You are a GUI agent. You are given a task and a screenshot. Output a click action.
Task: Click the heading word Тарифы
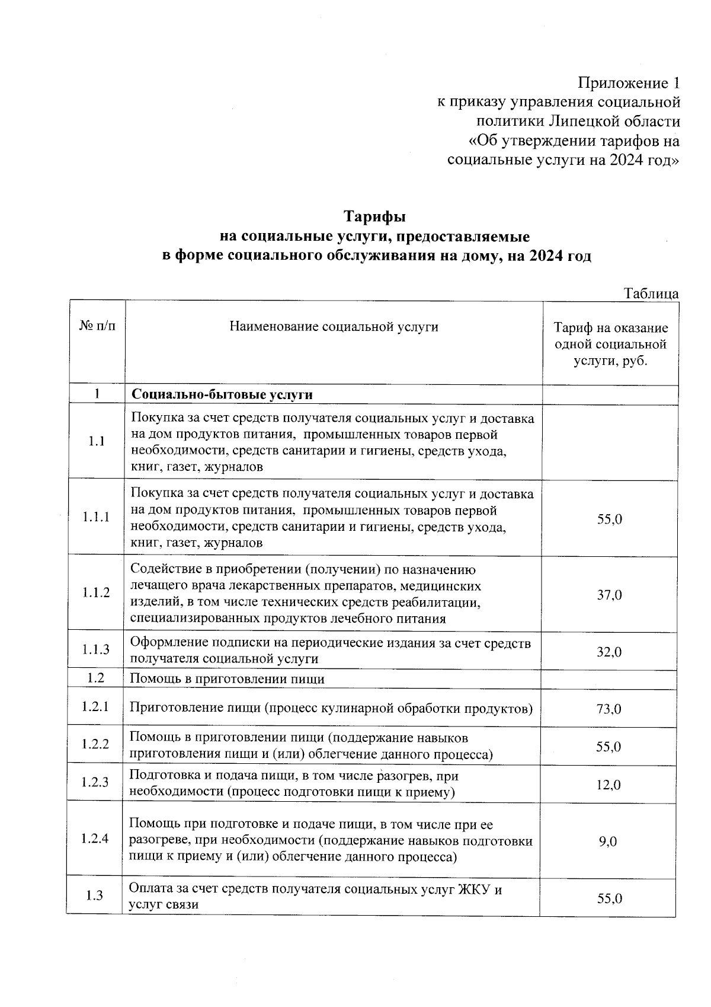point(376,216)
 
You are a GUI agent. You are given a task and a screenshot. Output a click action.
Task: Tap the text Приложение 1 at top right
point(629,82)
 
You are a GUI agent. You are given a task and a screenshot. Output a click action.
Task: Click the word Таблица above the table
point(651,294)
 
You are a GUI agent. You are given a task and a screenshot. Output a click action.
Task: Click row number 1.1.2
point(96,592)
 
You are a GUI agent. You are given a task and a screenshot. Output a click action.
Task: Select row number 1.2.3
point(95,782)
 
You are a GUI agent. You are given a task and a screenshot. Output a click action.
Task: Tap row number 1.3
point(95,896)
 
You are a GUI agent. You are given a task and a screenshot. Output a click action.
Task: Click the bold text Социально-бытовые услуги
point(222,394)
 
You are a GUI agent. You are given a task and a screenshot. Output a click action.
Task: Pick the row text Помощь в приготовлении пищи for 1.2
point(227,679)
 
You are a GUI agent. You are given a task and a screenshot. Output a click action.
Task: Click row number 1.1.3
point(96,649)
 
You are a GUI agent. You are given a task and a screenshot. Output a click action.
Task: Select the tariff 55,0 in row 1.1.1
point(609,519)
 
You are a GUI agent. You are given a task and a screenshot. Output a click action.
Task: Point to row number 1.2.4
point(95,839)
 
